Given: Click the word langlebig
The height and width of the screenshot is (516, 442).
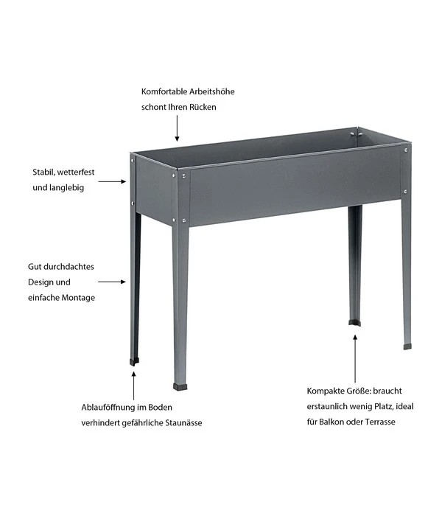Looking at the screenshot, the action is click(67, 188).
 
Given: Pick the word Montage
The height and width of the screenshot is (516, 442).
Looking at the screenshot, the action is click(78, 298).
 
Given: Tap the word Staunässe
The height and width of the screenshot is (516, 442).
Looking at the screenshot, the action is click(183, 422).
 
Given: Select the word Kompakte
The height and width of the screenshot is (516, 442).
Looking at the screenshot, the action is click(323, 391).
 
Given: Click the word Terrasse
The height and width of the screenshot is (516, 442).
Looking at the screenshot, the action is click(380, 422).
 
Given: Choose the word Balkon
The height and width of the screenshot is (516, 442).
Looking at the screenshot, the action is click(331, 422).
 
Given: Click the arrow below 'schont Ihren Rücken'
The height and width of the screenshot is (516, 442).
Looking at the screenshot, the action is click(177, 128).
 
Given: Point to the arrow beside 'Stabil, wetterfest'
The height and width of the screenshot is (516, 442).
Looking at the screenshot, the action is click(112, 181).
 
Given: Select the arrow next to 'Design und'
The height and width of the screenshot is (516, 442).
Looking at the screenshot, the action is click(112, 282).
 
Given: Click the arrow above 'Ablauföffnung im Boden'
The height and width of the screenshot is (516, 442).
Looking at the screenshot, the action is click(133, 386).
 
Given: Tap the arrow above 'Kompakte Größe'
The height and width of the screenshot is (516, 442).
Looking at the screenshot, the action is click(355, 359).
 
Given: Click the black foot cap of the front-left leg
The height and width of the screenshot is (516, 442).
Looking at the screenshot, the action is click(180, 387).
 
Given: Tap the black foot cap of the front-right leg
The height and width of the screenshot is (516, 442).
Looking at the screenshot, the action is click(407, 346).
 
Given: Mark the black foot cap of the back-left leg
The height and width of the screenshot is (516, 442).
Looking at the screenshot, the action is click(134, 362).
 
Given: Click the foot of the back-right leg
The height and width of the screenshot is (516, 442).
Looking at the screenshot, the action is click(354, 323).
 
